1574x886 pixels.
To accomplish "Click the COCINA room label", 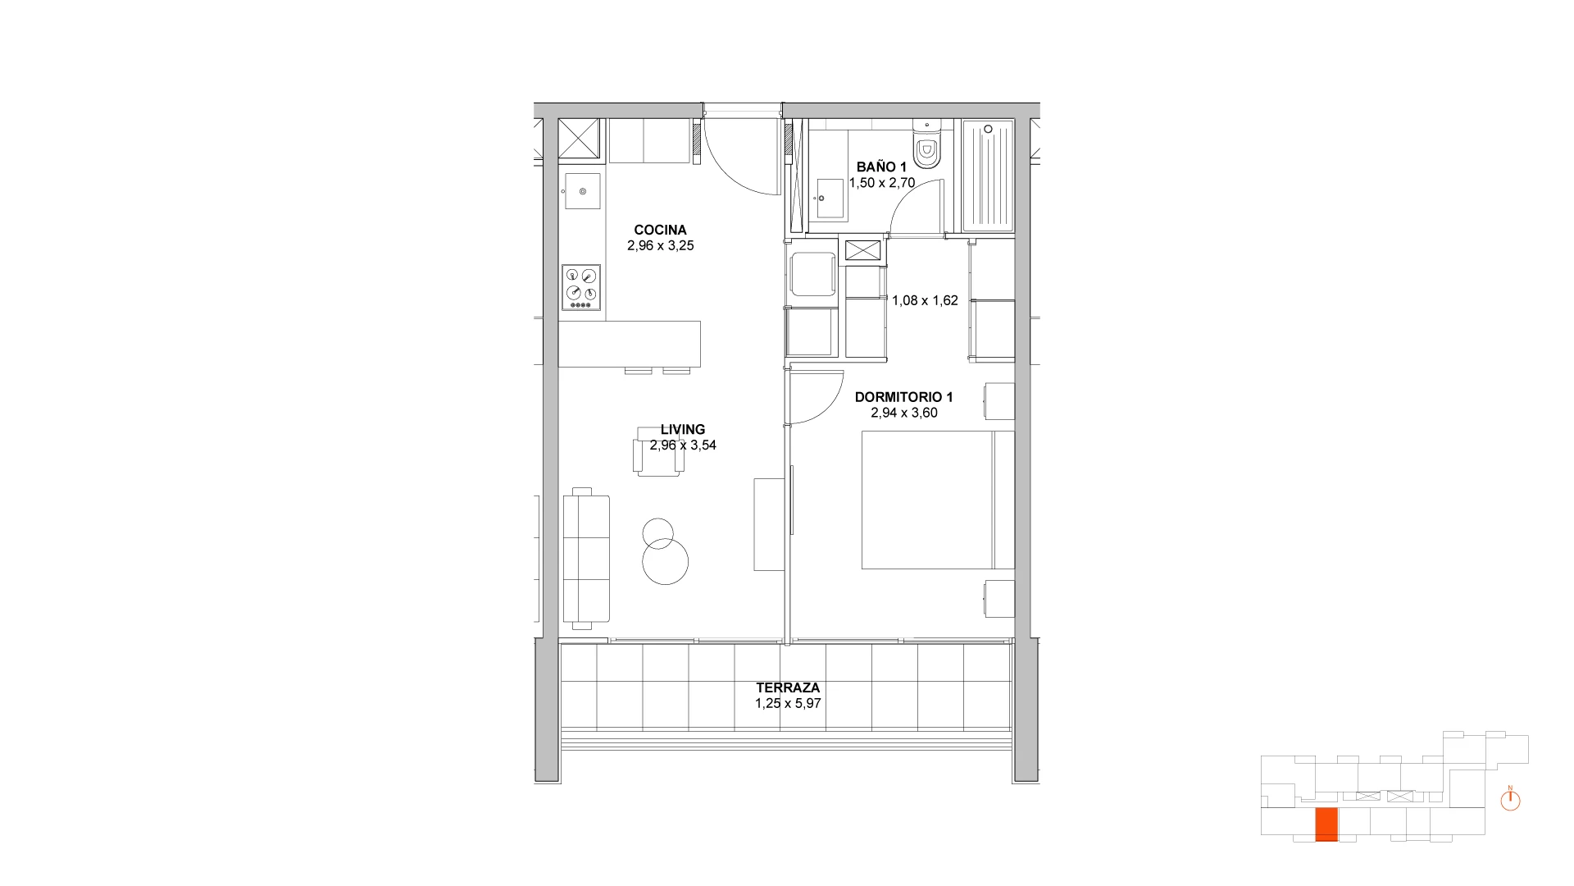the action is pyautogui.click(x=660, y=231).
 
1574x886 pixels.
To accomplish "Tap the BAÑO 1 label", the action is pyautogui.click(x=881, y=167).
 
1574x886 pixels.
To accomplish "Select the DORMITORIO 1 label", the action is pyautogui.click(x=903, y=397).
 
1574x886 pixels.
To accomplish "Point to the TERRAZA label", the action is pyautogui.click(x=788, y=688).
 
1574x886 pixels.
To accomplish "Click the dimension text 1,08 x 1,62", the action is pyautogui.click(x=925, y=300).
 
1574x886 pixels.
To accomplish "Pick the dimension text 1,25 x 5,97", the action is pyautogui.click(x=788, y=704).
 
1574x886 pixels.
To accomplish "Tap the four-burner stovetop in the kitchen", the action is pyautogui.click(x=581, y=288).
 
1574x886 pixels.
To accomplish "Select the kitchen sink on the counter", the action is pyautogui.click(x=581, y=191).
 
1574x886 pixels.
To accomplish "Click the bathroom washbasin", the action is pyautogui.click(x=830, y=199).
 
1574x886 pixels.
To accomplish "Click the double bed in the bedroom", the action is pyautogui.click(x=938, y=500).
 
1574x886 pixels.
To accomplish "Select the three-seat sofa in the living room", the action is pyautogui.click(x=586, y=559).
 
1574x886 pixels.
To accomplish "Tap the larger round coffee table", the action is pyautogui.click(x=665, y=562).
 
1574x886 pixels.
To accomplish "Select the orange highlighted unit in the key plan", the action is pyautogui.click(x=1326, y=824).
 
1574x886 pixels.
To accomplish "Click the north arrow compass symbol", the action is pyautogui.click(x=1510, y=799).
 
